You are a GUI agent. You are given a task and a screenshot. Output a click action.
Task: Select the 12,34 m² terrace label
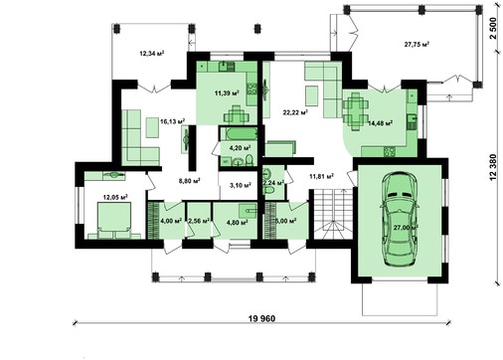coord(151,53)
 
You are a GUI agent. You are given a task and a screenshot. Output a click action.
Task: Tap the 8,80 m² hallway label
coord(189,181)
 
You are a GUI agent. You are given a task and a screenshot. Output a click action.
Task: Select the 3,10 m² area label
coord(240,185)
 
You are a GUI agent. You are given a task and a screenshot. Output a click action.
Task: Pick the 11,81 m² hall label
coord(320,177)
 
